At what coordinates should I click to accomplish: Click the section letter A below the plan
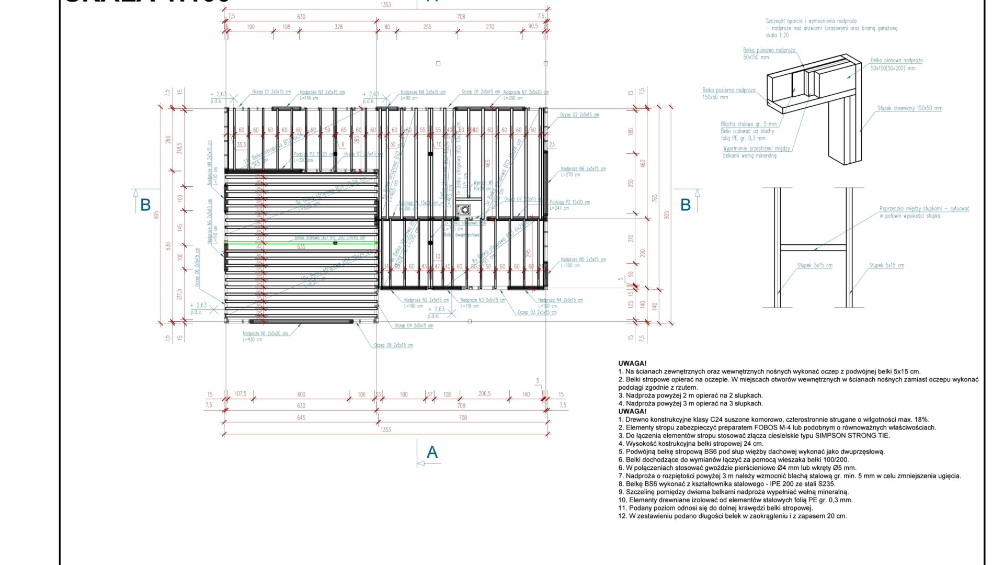[432, 453]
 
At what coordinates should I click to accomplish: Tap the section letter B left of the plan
[145, 205]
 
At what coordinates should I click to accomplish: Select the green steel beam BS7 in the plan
[301, 243]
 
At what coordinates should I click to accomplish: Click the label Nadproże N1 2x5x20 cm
[265, 334]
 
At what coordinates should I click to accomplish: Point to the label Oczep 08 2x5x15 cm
[393, 345]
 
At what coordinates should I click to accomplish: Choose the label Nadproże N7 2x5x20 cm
[526, 92]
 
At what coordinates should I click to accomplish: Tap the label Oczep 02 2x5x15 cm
[579, 115]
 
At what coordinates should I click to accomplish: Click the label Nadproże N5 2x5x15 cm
[583, 259]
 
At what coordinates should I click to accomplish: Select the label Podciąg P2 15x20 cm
[569, 202]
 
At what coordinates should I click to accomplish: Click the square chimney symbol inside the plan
[463, 210]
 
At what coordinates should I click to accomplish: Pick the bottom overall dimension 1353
[386, 430]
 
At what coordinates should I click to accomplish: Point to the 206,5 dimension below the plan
[485, 394]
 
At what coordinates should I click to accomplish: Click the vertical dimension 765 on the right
[655, 199]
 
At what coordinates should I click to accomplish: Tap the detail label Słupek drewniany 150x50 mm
[909, 108]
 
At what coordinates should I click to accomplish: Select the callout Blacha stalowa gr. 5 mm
[748, 124]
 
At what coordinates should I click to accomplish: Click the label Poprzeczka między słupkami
[924, 209]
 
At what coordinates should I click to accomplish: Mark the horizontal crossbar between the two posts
[814, 248]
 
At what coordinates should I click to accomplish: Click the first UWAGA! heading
[632, 364]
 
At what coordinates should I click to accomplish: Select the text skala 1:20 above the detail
[778, 36]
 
